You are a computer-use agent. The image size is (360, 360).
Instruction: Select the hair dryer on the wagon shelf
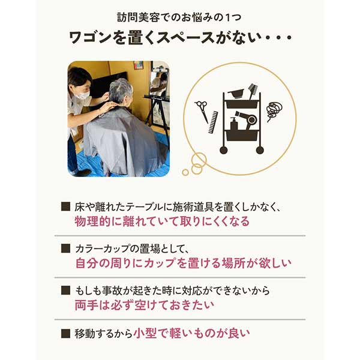[x=244, y=118]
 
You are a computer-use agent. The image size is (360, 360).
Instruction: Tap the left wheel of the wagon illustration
[x=229, y=149]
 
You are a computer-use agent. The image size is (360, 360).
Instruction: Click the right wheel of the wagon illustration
[x=259, y=149]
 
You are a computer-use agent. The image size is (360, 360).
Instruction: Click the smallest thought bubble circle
[x=185, y=172]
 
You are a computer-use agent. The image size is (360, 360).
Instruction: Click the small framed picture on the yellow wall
[x=138, y=65]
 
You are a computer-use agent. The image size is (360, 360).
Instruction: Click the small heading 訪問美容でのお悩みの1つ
[x=179, y=16]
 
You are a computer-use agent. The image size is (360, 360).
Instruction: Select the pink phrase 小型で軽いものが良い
[x=191, y=332]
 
